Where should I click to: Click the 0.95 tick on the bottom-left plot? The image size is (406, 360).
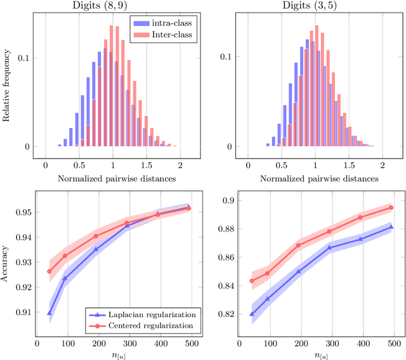pos(23,212)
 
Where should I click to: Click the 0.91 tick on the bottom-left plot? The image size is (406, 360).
pos(23,312)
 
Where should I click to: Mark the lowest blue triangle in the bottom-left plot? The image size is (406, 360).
pos(49,312)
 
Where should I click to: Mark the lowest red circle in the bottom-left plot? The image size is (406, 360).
pos(49,271)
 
